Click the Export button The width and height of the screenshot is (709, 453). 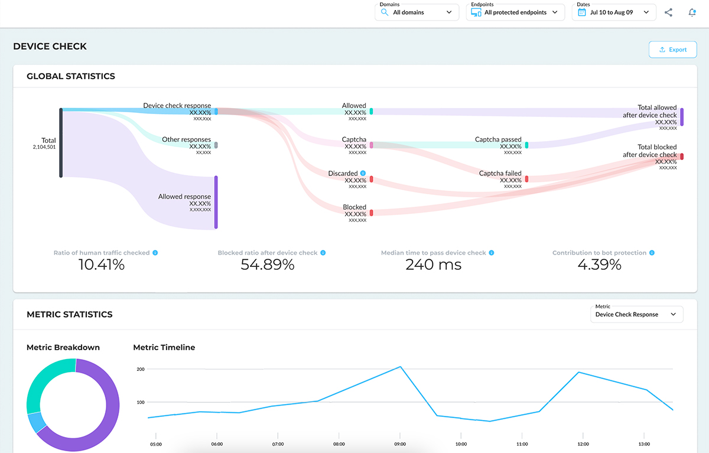point(672,50)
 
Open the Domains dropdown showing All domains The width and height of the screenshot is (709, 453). point(417,12)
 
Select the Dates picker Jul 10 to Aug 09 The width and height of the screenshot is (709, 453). point(613,12)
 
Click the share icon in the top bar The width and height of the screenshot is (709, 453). point(668,12)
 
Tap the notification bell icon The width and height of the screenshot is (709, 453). point(692,12)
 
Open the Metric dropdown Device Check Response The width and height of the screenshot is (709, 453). point(636,314)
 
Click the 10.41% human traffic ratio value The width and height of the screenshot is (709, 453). point(101,265)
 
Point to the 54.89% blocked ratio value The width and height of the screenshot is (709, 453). point(267,265)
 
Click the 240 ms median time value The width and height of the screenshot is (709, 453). point(433,265)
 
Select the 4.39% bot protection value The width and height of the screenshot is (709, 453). point(599,265)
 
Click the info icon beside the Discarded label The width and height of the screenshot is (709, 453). point(363,174)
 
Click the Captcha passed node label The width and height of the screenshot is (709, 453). point(498,140)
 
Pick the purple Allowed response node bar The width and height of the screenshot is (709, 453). point(216,202)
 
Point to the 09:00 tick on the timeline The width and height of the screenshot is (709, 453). point(400,444)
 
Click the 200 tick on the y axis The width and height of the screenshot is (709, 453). point(141,369)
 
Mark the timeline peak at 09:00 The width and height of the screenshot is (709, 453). point(401,367)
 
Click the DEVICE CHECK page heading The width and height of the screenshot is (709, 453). point(50,46)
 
